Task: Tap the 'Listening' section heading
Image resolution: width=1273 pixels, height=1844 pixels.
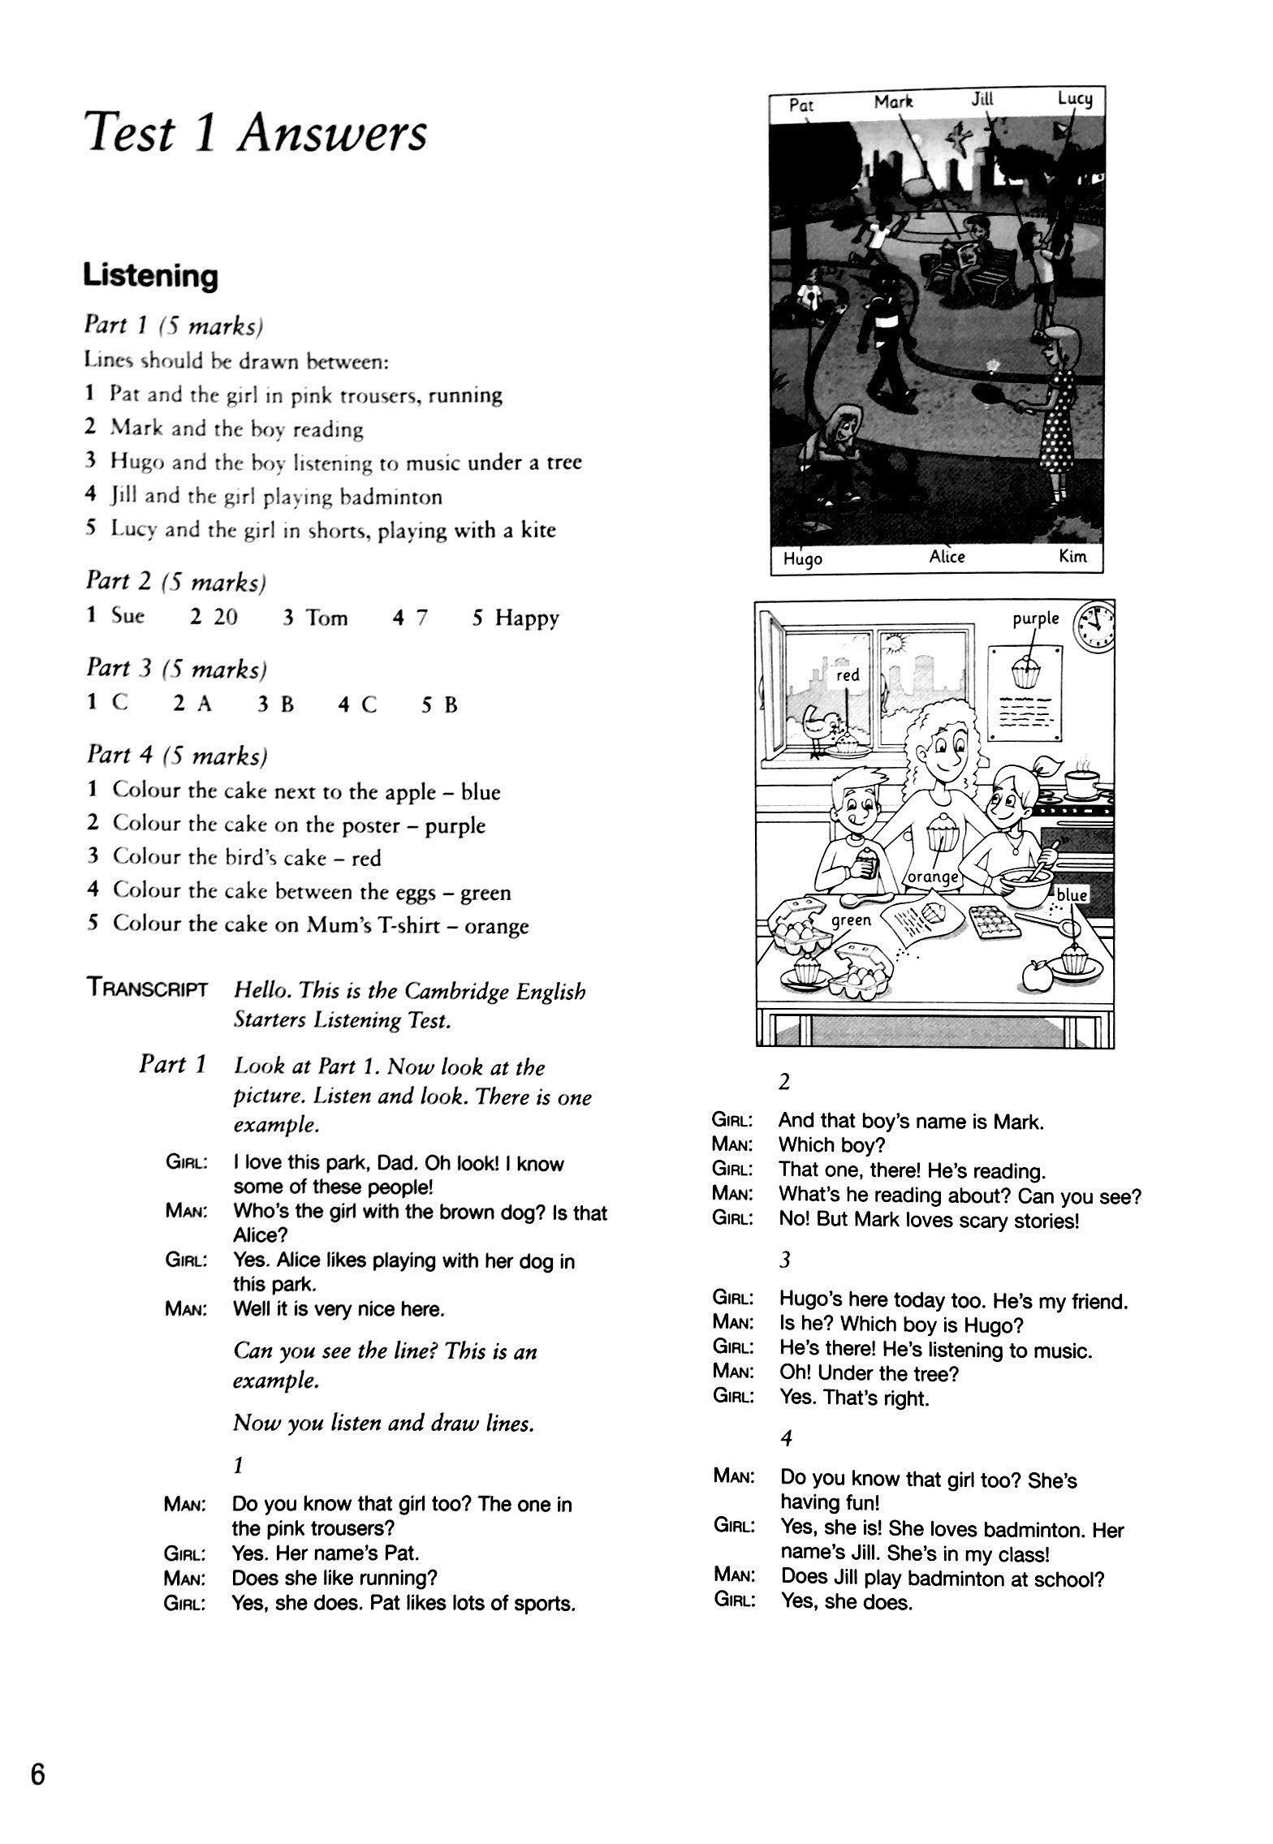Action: pos(150,276)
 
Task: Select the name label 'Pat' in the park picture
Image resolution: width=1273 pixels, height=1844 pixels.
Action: pos(801,105)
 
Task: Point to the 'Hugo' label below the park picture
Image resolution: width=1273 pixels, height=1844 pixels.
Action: pos(802,558)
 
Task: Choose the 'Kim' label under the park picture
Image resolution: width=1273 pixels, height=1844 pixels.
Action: pos(1072,557)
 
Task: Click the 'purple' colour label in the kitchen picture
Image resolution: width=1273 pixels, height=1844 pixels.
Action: pos(1035,618)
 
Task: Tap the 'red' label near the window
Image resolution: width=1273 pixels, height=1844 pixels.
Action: pos(847,674)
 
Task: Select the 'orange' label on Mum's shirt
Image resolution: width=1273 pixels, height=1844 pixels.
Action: pos(934,877)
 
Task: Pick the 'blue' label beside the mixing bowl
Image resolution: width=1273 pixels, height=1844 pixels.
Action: pos(1072,894)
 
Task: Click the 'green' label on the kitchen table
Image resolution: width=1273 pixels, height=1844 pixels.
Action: pos(851,920)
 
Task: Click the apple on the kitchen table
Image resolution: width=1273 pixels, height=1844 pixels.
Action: pos(1036,975)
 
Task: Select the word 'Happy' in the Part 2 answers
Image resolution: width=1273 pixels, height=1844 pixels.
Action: pos(527,618)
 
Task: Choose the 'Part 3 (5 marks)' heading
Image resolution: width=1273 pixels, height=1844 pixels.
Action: pos(177,669)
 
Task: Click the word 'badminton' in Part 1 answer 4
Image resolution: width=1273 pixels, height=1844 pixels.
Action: pos(391,496)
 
